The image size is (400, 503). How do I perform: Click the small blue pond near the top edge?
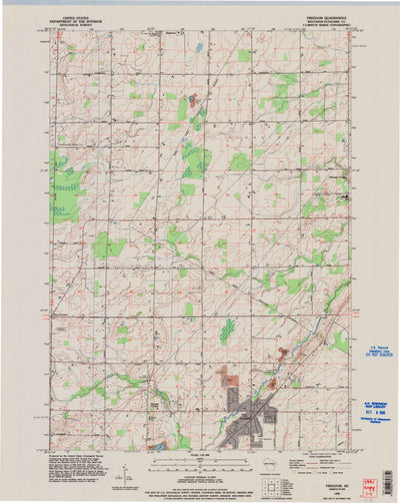tap(198, 47)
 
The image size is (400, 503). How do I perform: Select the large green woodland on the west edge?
tap(66, 190)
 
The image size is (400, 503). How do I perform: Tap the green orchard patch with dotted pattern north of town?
tap(227, 330)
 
